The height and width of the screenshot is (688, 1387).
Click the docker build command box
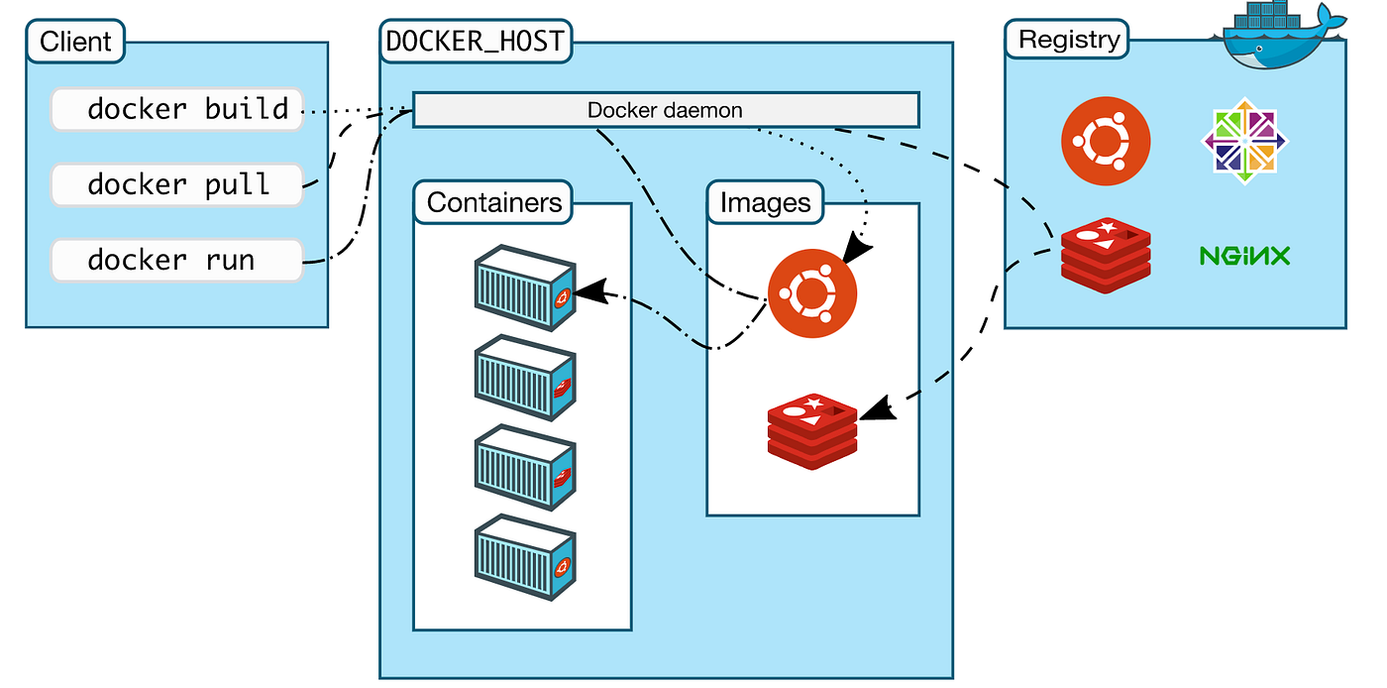click(176, 109)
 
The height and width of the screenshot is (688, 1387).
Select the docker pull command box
click(176, 185)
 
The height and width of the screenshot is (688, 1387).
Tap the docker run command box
click(176, 261)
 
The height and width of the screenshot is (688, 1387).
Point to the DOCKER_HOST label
click(475, 42)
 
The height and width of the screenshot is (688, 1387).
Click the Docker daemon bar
click(665, 110)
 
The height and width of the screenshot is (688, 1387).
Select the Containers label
click(494, 203)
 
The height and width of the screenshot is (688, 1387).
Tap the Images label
click(765, 203)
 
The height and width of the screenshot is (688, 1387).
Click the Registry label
click(1069, 41)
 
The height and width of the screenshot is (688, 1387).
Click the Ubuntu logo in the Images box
click(812, 292)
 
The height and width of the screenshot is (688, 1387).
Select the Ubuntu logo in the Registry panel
click(1106, 142)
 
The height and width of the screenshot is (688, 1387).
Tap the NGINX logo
click(1244, 257)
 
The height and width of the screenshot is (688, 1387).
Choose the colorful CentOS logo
click(1244, 142)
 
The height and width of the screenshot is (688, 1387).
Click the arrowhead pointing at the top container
click(588, 291)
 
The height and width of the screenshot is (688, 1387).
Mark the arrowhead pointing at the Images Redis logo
click(878, 408)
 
